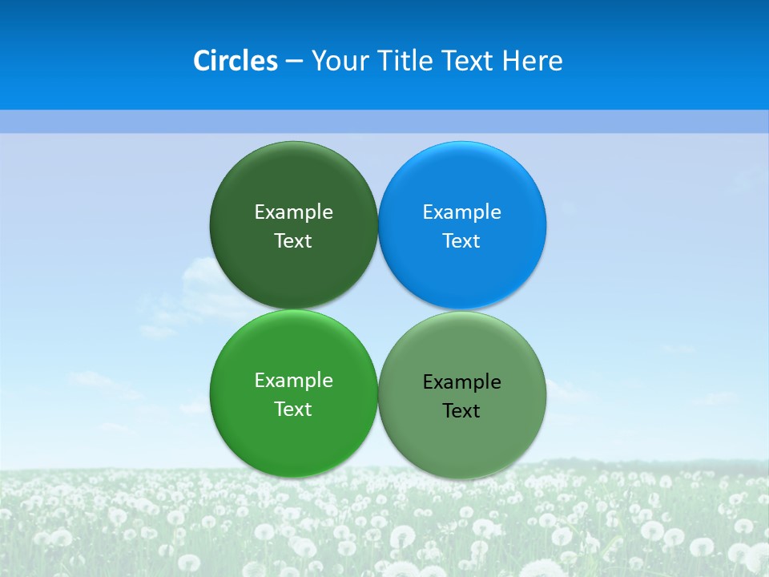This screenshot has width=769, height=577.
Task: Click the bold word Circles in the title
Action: (236, 61)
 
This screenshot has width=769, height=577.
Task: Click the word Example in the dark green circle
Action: (293, 212)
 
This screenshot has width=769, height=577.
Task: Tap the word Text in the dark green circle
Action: (293, 241)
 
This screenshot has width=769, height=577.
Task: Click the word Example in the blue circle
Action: (462, 212)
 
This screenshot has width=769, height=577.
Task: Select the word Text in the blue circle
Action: (462, 241)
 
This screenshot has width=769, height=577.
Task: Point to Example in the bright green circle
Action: (293, 381)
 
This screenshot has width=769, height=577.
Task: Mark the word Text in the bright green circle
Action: (293, 410)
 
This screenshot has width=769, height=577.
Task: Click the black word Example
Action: (462, 382)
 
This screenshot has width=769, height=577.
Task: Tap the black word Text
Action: (462, 411)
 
